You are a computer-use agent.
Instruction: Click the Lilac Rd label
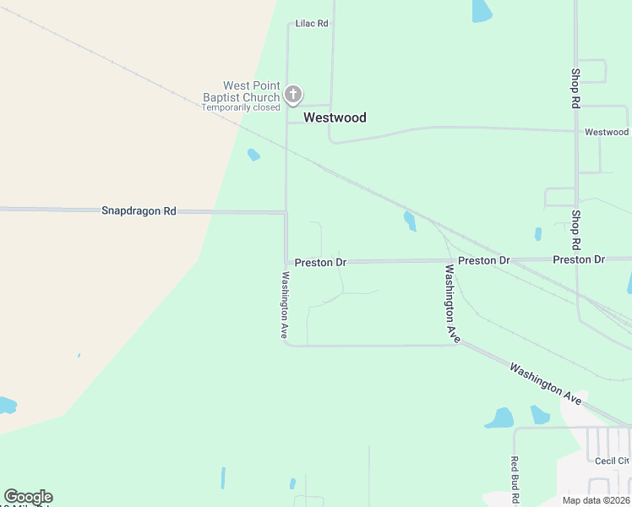(312, 24)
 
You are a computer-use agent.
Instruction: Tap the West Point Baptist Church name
(240, 91)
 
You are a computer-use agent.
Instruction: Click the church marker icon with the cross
(293, 94)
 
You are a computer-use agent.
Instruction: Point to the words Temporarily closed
(241, 108)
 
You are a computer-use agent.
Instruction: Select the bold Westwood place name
(335, 117)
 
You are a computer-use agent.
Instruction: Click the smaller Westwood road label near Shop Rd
(607, 133)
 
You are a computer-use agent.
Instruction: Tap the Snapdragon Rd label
(139, 210)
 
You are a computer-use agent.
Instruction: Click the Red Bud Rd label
(514, 477)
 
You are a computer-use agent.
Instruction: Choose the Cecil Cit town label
(612, 461)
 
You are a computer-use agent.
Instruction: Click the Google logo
(28, 497)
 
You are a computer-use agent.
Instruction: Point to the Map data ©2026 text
(597, 500)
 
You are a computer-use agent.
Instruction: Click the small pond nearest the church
(253, 155)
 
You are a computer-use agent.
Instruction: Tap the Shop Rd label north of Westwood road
(575, 88)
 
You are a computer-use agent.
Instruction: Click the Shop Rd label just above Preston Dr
(575, 230)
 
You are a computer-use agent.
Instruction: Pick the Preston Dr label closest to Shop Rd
(579, 259)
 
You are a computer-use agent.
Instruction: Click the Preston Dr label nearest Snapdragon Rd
(320, 263)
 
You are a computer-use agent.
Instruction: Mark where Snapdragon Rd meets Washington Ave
(286, 212)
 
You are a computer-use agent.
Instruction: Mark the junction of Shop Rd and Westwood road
(576, 131)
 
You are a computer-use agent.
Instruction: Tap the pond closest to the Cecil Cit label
(539, 414)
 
